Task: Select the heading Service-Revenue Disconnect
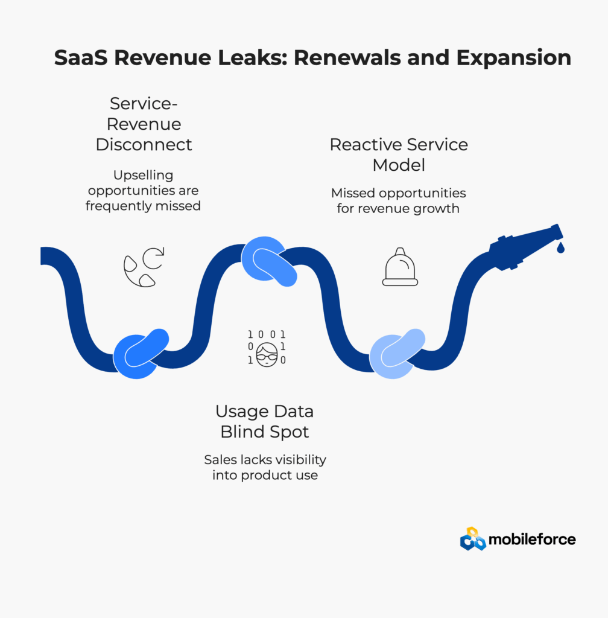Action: click(x=144, y=124)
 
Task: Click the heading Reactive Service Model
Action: click(x=399, y=154)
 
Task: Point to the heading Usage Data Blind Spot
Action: click(x=265, y=421)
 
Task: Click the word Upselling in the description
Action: click(x=144, y=175)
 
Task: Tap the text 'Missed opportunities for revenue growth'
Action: click(x=399, y=201)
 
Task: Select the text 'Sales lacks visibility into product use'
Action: click(x=265, y=467)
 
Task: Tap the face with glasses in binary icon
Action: click(x=267, y=348)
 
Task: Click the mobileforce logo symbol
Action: click(x=473, y=539)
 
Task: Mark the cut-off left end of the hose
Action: click(x=43, y=256)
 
